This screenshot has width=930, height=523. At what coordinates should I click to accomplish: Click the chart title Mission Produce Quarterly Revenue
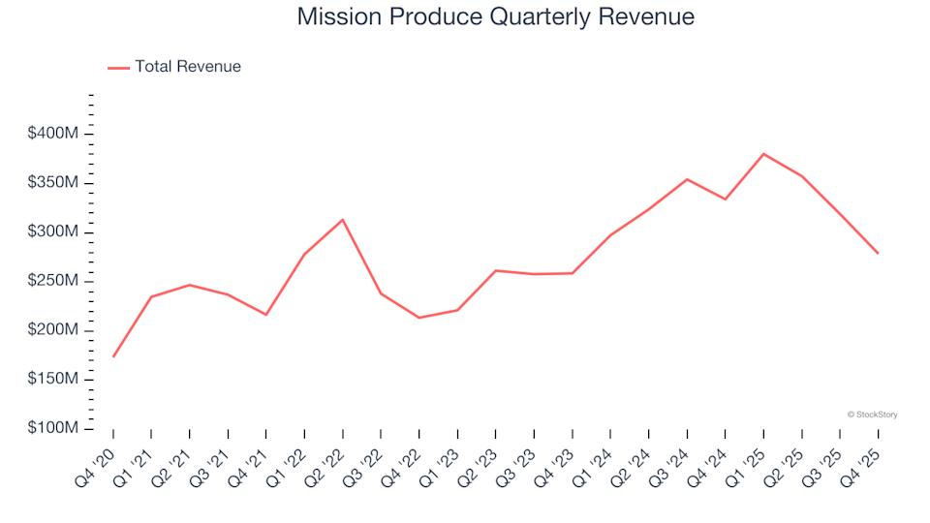495,17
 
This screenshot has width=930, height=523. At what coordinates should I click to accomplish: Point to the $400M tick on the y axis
53,134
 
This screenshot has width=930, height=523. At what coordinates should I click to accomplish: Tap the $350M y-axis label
53,183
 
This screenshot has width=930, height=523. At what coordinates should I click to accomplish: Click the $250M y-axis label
53,281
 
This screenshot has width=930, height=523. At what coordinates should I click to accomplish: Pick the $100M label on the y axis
53,428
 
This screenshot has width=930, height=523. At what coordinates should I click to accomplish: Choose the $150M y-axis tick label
53,379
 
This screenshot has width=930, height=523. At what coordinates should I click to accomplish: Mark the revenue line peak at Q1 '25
763,154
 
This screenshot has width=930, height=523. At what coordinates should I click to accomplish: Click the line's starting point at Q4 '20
113,356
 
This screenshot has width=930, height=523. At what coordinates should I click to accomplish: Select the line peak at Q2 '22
343,220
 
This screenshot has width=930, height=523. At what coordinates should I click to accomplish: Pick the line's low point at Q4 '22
419,318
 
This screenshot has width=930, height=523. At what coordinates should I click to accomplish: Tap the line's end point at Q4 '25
878,253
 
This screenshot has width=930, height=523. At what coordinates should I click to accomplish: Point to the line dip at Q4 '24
726,200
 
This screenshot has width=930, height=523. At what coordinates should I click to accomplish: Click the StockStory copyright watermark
872,415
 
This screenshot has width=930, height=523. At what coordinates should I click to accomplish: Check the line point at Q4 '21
266,315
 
